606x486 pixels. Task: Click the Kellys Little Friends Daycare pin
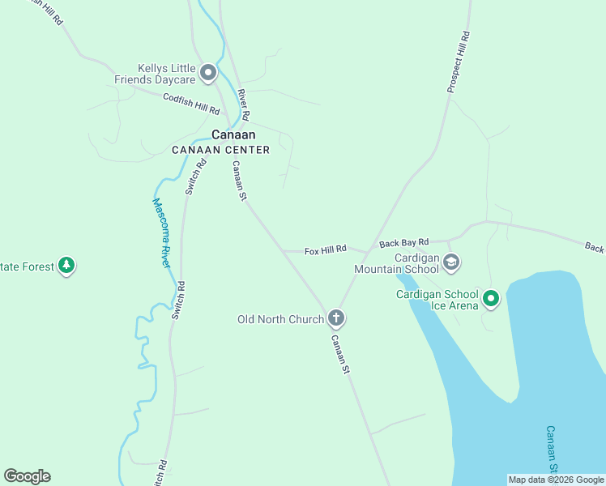coord(208,74)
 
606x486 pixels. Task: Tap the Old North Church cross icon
coord(336,318)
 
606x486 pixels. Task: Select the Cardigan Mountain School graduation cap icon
coord(451,262)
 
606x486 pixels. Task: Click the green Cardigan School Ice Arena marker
coord(490,300)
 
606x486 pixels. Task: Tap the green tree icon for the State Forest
coord(66,265)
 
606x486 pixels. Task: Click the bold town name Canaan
coord(233,134)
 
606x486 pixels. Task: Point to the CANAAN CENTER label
coord(220,150)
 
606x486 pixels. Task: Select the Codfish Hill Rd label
coord(191,104)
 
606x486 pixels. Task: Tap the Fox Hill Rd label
coord(325,250)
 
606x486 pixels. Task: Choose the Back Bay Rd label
coord(403,242)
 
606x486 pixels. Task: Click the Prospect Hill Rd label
coord(458,62)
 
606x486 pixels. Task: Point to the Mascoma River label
coord(162,233)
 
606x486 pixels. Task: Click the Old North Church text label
coord(280,319)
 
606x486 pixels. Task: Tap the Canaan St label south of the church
coord(339,354)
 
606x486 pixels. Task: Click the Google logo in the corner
coord(28,476)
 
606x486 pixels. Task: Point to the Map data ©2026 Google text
coord(556,480)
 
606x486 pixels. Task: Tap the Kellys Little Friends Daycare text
coord(166,75)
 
